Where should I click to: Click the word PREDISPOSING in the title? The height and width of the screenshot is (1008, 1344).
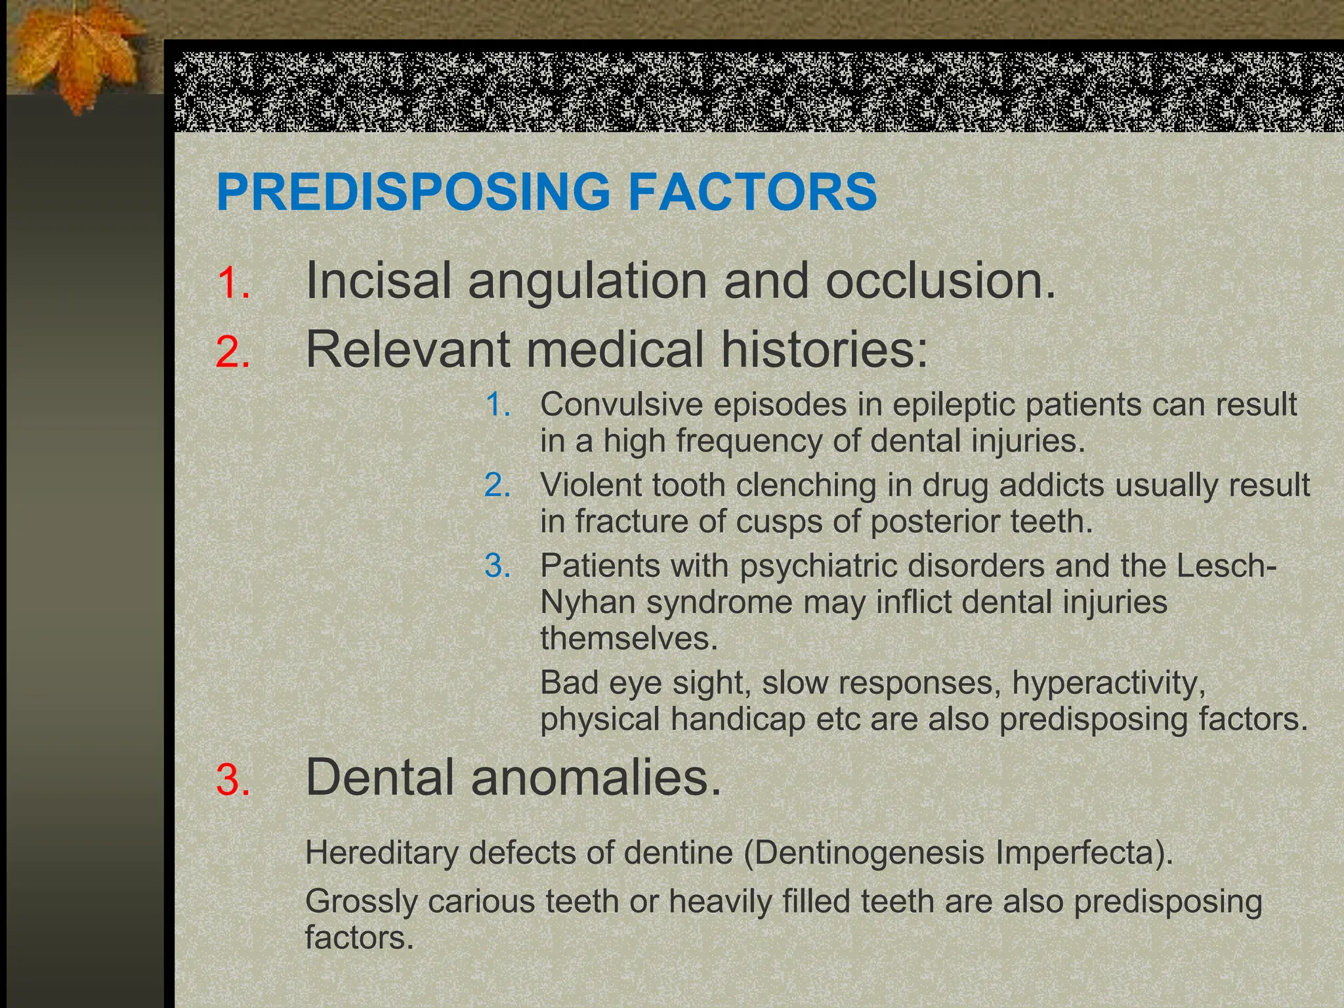pos(413,192)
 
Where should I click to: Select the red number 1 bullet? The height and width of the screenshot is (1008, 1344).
pos(232,283)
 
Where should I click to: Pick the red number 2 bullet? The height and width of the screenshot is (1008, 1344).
pos(232,352)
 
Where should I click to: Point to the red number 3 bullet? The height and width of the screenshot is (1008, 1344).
pos(232,780)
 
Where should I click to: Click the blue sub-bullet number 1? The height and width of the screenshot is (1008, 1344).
pos(497,404)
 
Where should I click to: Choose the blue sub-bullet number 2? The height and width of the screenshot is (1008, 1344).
pos(497,485)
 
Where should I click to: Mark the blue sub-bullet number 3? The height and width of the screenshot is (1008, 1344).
pos(497,566)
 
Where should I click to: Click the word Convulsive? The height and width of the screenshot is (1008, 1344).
pos(621,404)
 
